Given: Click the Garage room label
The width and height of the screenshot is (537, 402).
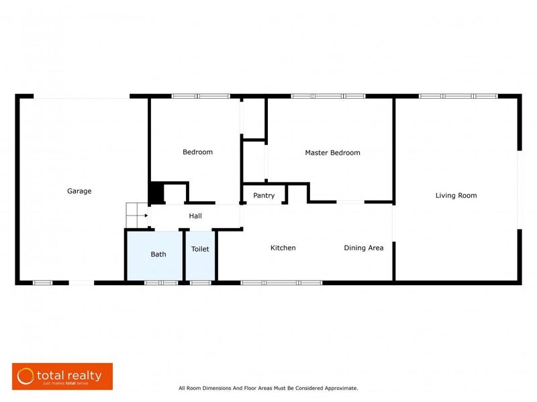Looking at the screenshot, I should point(79,191).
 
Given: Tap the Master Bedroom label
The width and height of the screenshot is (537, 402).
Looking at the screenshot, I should point(332,153).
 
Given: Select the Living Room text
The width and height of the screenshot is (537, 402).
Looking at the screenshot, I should point(456,196).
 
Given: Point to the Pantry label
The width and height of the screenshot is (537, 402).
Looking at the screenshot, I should point(264,196).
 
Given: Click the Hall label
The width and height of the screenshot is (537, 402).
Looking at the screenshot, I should point(195,216).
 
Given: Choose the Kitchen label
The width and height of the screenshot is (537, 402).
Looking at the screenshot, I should point(283,248).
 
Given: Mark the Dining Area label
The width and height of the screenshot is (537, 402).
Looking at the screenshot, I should point(364,248).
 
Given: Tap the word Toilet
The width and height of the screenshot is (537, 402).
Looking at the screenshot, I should point(200,249).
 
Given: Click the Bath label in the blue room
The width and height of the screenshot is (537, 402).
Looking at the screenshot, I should point(158,254).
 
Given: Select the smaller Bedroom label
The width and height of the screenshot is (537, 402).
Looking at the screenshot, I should point(197,152).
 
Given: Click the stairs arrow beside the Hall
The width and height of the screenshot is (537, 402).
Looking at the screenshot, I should point(142,216).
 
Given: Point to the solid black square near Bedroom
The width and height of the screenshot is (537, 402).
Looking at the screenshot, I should point(156,193).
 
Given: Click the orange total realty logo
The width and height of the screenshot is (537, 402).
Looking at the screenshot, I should point(62,376).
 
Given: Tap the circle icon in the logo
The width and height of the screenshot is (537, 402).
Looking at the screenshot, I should point(26,376).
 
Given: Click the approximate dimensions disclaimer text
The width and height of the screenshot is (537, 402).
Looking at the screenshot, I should point(268,388).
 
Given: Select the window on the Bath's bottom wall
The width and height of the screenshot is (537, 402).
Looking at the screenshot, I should point(161,283).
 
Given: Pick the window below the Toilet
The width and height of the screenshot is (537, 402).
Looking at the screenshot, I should point(200,283).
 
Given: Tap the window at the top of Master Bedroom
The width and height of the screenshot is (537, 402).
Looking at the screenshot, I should point(328,96).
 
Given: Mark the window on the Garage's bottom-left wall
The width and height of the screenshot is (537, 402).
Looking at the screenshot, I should point(43,283).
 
